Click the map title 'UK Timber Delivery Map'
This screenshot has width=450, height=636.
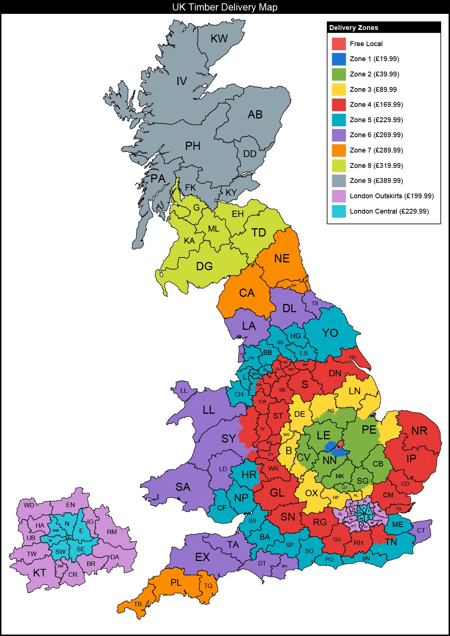[x=225, y=7]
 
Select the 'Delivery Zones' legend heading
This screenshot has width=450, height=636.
[x=354, y=28]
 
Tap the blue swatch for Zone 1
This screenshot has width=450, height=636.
[x=339, y=59]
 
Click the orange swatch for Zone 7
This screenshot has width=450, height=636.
[x=339, y=150]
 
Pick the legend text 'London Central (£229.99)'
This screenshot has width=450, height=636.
[x=389, y=211]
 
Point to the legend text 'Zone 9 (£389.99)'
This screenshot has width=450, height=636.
[x=376, y=181]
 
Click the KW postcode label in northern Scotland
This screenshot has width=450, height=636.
[x=219, y=39]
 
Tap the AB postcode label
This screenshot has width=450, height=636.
[x=255, y=115]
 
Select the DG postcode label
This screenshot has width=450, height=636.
[x=204, y=266]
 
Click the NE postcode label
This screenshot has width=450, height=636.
[x=282, y=259]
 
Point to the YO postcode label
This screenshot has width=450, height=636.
[x=330, y=333]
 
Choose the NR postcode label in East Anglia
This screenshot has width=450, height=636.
[x=419, y=431]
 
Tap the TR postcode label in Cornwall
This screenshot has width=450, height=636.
[x=138, y=604]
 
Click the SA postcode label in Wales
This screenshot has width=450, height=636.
[x=183, y=487]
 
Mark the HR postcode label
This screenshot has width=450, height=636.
[x=249, y=475]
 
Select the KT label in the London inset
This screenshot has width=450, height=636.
[x=39, y=573]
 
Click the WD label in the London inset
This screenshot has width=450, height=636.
[x=29, y=505]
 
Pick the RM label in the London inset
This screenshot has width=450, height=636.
[x=112, y=532]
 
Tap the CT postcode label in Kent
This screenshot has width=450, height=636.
[x=421, y=530]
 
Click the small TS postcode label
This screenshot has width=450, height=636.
[x=315, y=303]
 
